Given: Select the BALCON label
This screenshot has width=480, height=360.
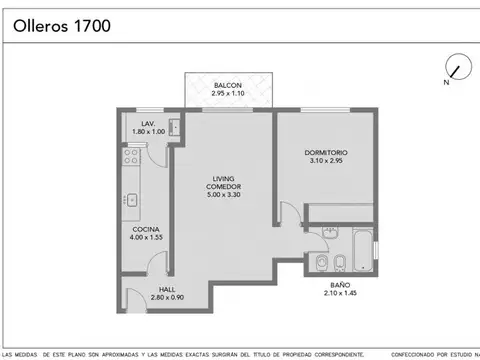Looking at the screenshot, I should [x=228, y=86].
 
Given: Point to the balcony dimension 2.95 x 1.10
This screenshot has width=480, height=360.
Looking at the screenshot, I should [x=228, y=94].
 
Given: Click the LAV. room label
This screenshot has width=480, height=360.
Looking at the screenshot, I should [x=148, y=123].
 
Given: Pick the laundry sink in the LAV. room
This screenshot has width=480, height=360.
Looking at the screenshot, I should [x=174, y=127].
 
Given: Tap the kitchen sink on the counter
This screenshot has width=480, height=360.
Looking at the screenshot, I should [x=130, y=199].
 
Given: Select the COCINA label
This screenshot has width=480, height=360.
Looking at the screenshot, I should [x=146, y=229].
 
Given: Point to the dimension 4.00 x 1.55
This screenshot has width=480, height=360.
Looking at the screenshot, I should [x=146, y=238].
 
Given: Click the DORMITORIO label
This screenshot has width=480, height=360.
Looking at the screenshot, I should [x=325, y=152].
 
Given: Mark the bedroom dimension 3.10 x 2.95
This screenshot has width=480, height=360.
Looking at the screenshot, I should [x=325, y=161].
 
